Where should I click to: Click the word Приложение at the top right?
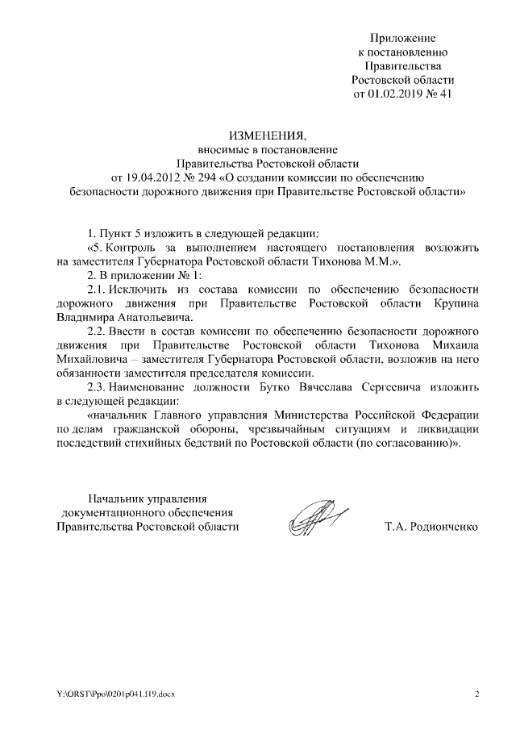tap(403, 38)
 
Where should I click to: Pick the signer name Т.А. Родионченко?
tap(432, 527)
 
